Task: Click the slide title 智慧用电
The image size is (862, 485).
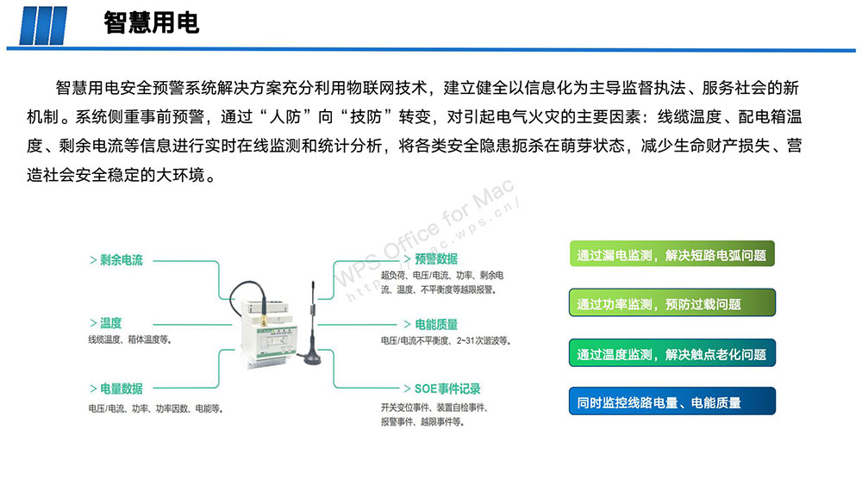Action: tap(151, 23)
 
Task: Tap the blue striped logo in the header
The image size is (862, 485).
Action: tap(43, 25)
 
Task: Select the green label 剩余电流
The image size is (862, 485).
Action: tap(121, 260)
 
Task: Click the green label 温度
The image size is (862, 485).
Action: tap(110, 323)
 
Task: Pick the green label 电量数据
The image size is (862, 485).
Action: tap(121, 389)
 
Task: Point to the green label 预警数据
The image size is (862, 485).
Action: tap(436, 258)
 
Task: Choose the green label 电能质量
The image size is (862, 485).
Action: tap(436, 325)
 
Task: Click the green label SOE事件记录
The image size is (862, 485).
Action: tap(447, 389)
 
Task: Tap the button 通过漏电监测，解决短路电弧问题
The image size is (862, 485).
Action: tap(671, 254)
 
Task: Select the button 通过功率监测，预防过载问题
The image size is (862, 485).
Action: tap(671, 302)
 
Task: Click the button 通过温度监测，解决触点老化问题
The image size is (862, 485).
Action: tap(671, 353)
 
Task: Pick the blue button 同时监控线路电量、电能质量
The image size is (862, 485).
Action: tap(671, 401)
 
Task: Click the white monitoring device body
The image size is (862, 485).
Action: tap(269, 335)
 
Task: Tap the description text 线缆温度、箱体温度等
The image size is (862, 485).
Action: tap(130, 340)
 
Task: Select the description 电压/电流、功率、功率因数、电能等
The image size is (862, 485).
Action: tap(155, 408)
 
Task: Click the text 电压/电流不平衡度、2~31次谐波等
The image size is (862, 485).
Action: tap(446, 341)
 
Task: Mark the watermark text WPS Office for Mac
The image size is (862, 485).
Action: tap(424, 233)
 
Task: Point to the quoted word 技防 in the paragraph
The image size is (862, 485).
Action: tap(365, 117)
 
